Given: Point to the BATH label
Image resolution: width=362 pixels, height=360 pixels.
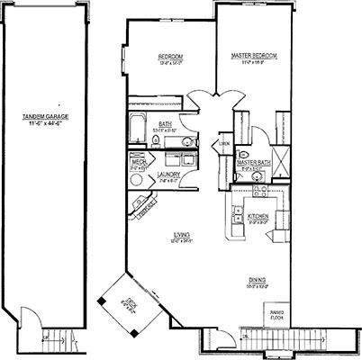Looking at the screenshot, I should click(x=166, y=124).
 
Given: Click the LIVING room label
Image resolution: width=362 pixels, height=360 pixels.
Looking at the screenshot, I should click(x=183, y=236).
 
